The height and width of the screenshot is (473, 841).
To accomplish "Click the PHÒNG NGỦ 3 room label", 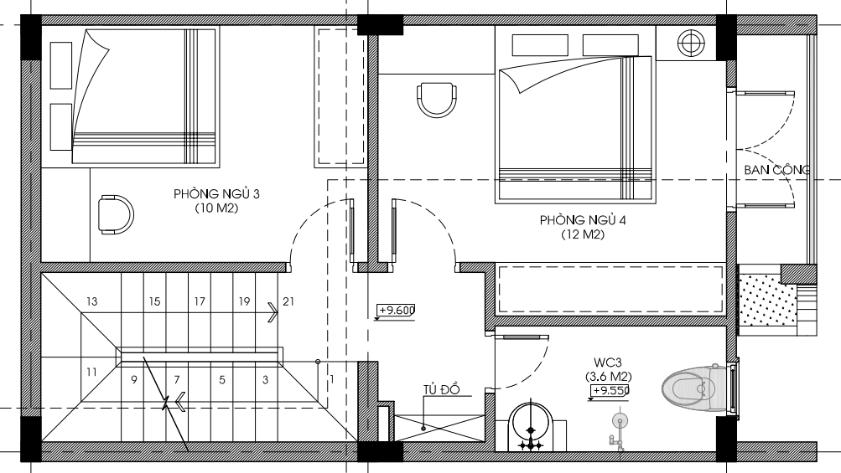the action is click(216, 194).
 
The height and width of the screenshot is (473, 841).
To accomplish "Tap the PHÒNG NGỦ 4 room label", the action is click(583, 220).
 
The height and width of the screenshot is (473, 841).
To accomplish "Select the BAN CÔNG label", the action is click(776, 170).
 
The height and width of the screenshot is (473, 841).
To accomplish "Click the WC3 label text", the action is click(608, 362).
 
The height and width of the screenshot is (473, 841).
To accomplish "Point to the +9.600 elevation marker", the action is click(395, 311).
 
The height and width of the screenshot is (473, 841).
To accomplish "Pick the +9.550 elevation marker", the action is click(609, 391).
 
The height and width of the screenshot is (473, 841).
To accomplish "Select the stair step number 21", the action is click(288, 301).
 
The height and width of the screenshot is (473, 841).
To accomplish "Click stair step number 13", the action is click(91, 301).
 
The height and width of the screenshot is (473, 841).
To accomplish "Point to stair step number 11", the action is click(91, 372).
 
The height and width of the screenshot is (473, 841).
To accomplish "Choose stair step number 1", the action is click(332, 380).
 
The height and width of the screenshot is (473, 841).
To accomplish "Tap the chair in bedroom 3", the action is click(116, 215).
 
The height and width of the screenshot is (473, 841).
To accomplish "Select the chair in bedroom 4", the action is click(437, 99).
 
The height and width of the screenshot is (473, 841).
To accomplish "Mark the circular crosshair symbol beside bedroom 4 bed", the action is click(691, 44).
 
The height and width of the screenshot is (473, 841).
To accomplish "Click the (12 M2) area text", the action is click(583, 234).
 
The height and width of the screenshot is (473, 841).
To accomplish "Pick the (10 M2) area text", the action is click(216, 208).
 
